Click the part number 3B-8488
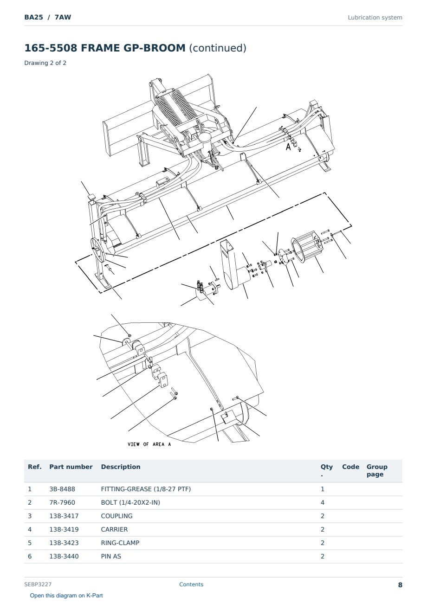click(62, 489)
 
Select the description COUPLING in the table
click(116, 516)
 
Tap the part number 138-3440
click(64, 556)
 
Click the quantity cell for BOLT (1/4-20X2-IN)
click(323, 502)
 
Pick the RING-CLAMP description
click(120, 543)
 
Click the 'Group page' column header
click(377, 470)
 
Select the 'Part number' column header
click(71, 467)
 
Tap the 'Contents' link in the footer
click(191, 584)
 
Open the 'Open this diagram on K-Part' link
click(66, 596)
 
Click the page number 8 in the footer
click(400, 585)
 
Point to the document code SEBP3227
click(38, 584)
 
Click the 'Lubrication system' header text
click(375, 18)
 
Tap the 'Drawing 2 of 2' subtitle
click(45, 63)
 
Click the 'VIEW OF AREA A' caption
click(149, 444)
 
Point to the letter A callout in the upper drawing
click(288, 147)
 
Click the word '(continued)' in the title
click(218, 48)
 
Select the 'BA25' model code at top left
click(34, 17)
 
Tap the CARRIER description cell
click(114, 529)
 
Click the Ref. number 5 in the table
click(30, 543)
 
